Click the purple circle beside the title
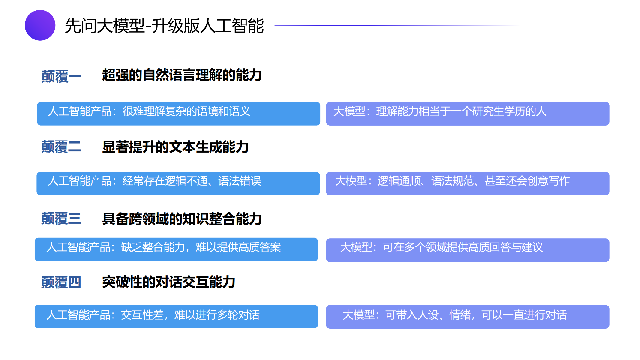(x=40, y=25)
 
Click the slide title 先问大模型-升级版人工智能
(x=164, y=26)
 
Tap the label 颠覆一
(x=61, y=76)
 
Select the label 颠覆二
(x=61, y=147)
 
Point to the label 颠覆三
(x=61, y=219)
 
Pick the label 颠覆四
(x=61, y=282)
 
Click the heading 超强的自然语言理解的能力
(x=182, y=75)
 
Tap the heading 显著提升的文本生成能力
(x=175, y=147)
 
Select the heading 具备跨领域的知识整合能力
(x=182, y=219)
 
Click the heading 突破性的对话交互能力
(x=169, y=282)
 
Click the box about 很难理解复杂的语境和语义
(x=178, y=114)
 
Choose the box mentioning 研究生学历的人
(x=468, y=114)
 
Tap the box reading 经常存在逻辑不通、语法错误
(x=178, y=183)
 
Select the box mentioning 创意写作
(x=468, y=183)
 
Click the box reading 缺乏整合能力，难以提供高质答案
(x=176, y=249)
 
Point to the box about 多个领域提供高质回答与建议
(x=468, y=250)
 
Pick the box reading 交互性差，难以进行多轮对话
(x=176, y=316)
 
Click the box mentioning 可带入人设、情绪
(x=468, y=317)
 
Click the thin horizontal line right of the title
(x=443, y=25)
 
